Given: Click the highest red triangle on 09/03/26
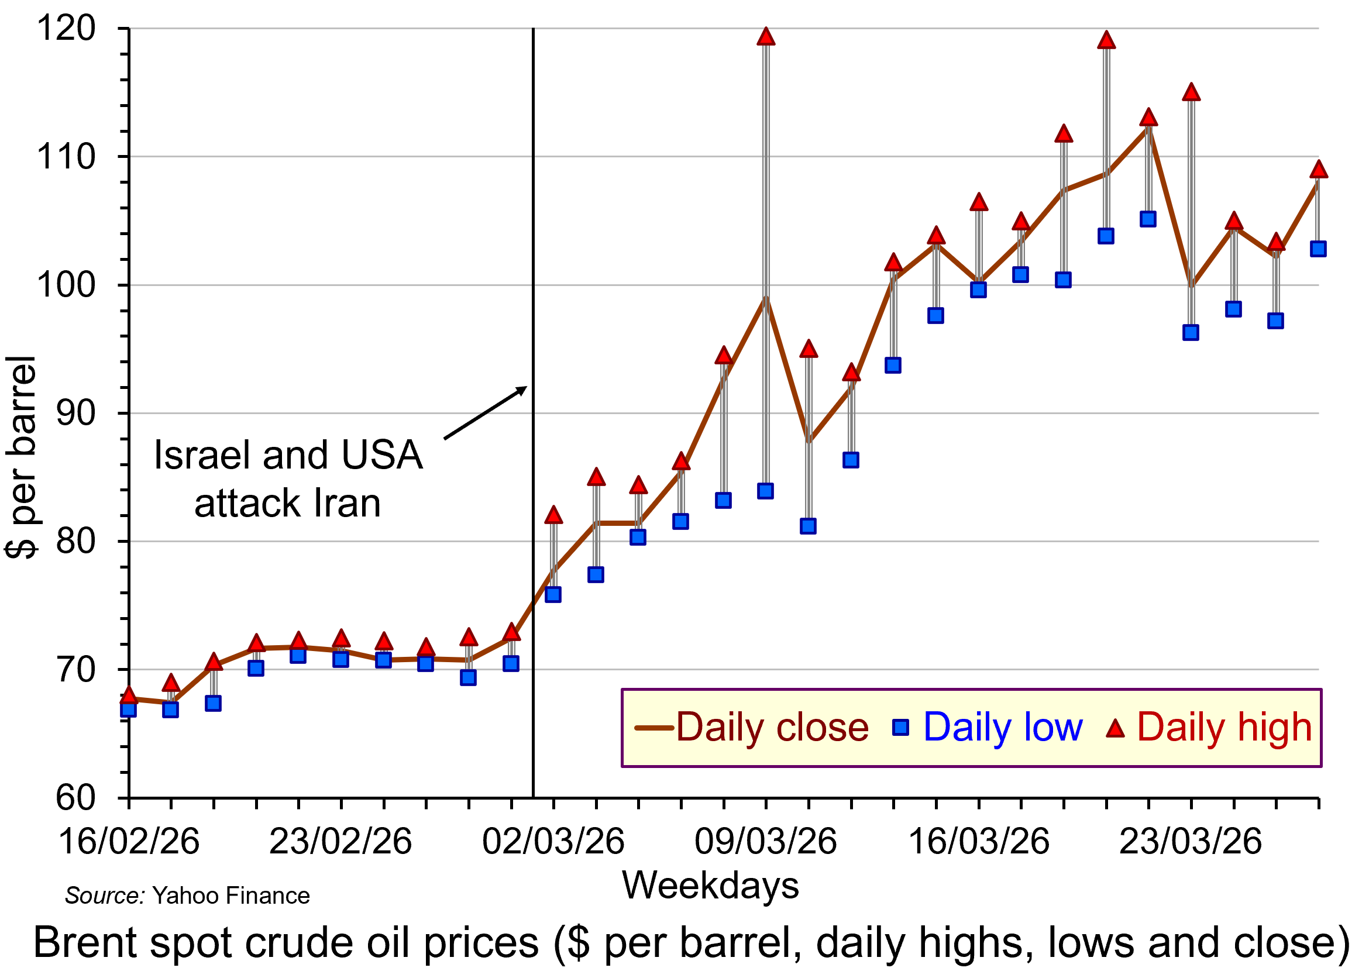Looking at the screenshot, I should [x=765, y=37].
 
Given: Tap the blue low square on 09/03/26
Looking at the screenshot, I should [x=765, y=491].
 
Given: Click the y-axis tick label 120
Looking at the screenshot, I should [x=66, y=27].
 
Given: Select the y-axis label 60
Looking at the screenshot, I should [x=76, y=798].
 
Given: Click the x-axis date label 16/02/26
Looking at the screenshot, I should [x=128, y=841].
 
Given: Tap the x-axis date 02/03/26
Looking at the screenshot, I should [x=553, y=841].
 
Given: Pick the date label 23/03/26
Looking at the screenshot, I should [x=1190, y=841].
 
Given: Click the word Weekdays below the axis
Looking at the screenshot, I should [x=710, y=885].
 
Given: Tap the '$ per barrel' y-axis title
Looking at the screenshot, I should [x=20, y=457].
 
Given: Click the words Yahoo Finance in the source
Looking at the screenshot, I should [x=231, y=896].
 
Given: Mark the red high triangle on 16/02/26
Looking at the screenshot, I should [x=128, y=696].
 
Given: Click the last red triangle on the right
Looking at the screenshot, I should [x=1319, y=170].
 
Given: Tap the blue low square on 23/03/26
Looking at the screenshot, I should [x=1191, y=332].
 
